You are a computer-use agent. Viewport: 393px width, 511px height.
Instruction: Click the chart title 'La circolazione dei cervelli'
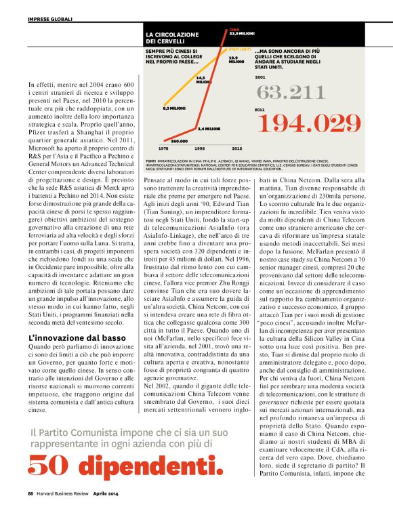(172, 38)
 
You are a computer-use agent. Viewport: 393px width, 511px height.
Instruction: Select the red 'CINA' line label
(234, 30)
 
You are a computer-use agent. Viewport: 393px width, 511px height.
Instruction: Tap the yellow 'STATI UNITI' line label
(240, 49)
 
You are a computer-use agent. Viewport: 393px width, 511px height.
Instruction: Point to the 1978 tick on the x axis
(163, 147)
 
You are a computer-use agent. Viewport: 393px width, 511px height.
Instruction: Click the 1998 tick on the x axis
(200, 147)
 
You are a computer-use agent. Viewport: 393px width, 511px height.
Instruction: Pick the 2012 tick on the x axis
(236, 147)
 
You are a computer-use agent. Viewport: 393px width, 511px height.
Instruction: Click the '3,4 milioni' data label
(209, 127)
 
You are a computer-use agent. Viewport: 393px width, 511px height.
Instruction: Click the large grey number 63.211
(291, 92)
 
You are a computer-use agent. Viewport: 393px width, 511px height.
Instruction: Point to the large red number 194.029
(310, 123)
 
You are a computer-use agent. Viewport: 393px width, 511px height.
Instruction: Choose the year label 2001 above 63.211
(260, 78)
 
